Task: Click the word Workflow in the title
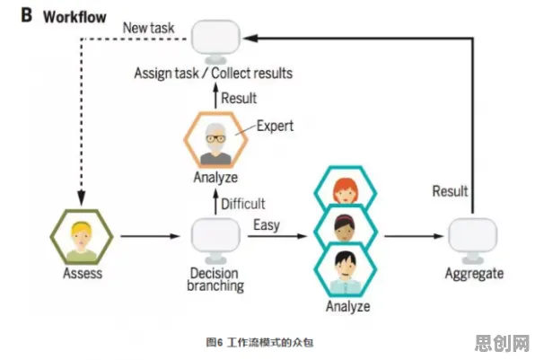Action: click(x=75, y=17)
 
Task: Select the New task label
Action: click(x=148, y=28)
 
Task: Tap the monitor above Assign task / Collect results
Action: click(x=215, y=41)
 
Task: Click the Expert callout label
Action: click(x=275, y=127)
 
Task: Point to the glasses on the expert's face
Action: click(x=215, y=138)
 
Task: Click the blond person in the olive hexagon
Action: click(x=81, y=241)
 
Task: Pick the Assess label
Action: click(x=83, y=273)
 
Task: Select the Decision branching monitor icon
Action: click(x=215, y=241)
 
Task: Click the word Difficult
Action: click(x=243, y=204)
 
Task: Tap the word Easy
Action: click(x=267, y=225)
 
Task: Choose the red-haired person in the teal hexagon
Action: click(x=346, y=190)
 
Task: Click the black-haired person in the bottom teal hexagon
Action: click(x=346, y=272)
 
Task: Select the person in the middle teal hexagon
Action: click(x=345, y=228)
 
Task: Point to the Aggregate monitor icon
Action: click(x=472, y=241)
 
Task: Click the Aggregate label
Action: click(x=474, y=274)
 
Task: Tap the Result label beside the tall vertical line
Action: click(x=450, y=191)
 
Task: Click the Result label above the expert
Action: click(x=239, y=98)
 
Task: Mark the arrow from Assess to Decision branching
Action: click(x=150, y=236)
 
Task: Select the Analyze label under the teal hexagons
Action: click(x=348, y=306)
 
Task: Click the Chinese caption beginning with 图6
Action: click(x=259, y=342)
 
